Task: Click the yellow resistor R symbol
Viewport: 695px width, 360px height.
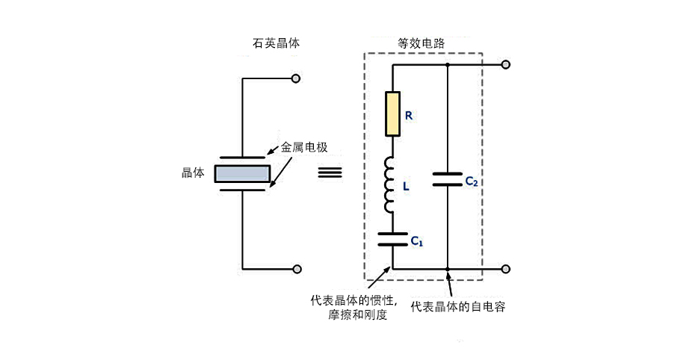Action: [392, 114]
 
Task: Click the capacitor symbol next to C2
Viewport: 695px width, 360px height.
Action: [447, 179]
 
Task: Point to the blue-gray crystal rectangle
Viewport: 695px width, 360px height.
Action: [242, 173]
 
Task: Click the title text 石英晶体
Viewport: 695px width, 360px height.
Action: [277, 44]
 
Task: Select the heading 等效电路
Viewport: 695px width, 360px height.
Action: [421, 44]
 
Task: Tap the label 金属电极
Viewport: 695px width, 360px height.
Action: [304, 148]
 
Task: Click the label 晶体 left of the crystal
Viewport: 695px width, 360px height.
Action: [193, 173]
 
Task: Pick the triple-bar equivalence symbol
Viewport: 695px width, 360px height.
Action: [330, 173]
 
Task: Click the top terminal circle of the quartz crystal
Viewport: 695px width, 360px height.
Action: [297, 78]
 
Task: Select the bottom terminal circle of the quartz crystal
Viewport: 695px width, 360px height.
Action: [297, 269]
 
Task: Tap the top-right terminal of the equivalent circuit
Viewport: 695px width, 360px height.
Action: [506, 65]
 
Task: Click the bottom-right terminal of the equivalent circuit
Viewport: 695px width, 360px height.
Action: [506, 269]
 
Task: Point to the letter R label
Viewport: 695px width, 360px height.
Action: [408, 116]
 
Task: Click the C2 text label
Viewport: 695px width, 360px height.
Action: [471, 181]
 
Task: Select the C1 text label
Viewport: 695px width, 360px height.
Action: [416, 241]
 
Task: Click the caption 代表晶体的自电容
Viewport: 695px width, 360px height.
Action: [458, 306]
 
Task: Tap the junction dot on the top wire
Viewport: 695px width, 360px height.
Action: [447, 65]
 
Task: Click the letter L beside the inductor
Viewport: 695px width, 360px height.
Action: [406, 187]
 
